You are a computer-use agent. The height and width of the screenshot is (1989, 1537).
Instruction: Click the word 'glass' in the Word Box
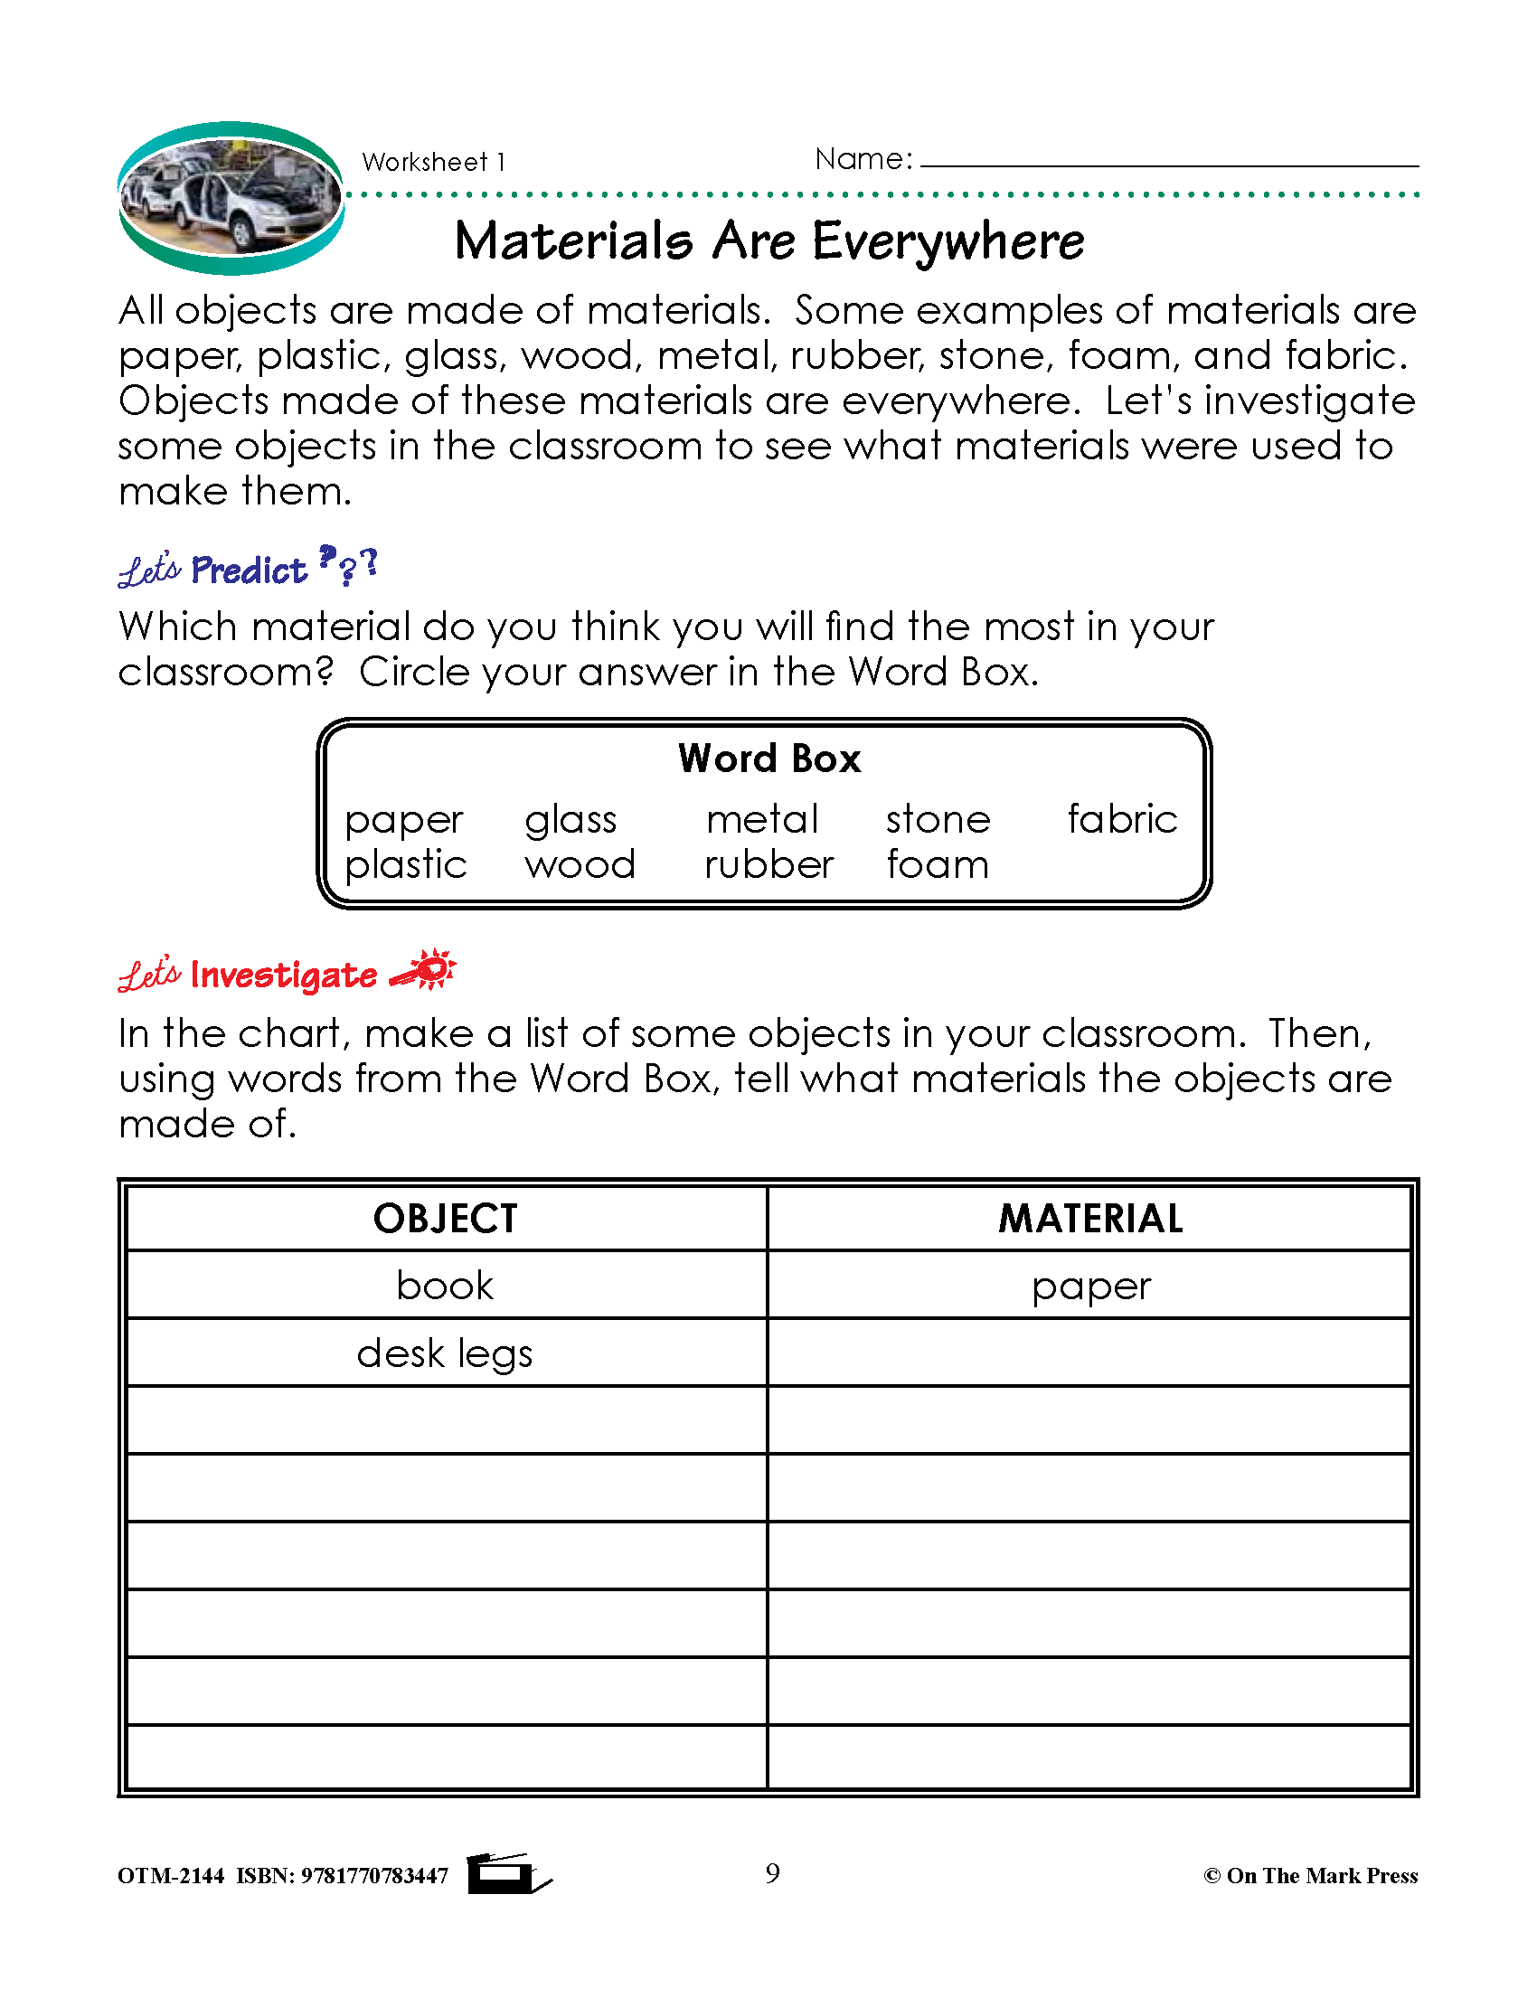[x=570, y=821]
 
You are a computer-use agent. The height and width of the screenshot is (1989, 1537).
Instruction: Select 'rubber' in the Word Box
[x=768, y=864]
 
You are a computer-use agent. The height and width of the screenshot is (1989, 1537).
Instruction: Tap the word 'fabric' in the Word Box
[x=1122, y=819]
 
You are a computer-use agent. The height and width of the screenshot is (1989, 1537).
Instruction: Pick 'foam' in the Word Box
[x=937, y=864]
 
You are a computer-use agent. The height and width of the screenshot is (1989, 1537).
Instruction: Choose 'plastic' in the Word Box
[x=405, y=865]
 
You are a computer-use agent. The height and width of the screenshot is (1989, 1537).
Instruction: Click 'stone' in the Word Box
[x=938, y=820]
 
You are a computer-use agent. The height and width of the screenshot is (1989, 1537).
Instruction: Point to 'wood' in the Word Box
[x=580, y=864]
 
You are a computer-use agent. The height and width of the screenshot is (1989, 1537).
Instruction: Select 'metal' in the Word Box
[x=762, y=820]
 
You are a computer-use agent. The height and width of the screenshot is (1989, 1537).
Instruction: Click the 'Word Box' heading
[x=769, y=759]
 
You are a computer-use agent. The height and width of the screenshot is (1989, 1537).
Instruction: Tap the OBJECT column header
[x=445, y=1219]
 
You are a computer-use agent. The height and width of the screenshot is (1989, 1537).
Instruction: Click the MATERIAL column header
[x=1090, y=1219]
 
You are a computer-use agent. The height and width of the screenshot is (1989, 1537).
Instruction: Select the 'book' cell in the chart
[x=445, y=1286]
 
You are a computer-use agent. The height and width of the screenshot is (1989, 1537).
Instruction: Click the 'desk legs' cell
[x=445, y=1353]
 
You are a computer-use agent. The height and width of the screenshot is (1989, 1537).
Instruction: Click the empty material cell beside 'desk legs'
[x=1090, y=1353]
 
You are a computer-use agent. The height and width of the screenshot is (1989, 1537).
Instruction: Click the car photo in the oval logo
[x=231, y=198]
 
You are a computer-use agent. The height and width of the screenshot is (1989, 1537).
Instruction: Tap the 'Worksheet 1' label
[x=433, y=162]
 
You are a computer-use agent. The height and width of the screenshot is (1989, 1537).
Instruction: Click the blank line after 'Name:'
[x=1169, y=160]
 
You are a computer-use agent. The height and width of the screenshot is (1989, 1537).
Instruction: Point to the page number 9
[x=772, y=1874]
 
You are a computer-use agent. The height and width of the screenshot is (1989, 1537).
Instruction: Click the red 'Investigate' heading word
[x=283, y=976]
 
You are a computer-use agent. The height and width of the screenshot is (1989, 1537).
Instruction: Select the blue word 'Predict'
[x=249, y=571]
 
